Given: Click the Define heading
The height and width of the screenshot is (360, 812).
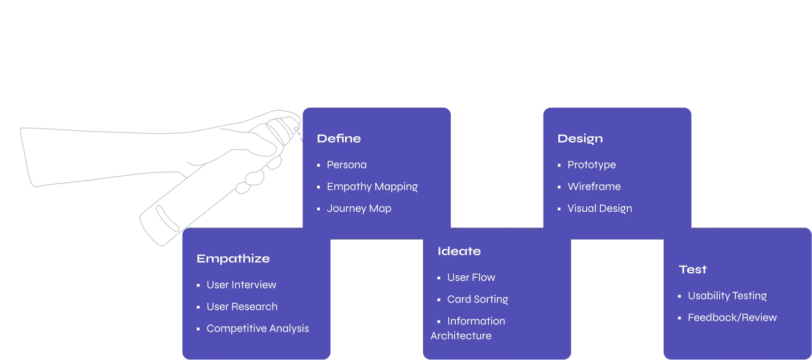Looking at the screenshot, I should point(339,139).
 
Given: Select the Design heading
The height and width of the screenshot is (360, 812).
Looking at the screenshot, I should point(580,139).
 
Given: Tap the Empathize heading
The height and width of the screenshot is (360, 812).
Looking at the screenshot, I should point(233,259).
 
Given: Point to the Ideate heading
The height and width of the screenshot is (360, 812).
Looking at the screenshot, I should point(459,251).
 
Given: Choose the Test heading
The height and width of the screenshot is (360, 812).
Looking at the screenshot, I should point(692,270).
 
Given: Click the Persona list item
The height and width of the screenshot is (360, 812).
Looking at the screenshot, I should point(346,165).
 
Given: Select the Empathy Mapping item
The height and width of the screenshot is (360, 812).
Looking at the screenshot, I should point(372,187).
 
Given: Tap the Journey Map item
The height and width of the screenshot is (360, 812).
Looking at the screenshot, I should point(359,209).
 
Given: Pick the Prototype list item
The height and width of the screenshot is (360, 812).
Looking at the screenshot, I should point(591,165).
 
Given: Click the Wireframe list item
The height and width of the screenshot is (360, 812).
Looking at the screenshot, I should point(594,187).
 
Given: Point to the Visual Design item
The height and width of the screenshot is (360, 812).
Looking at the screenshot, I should point(599,209).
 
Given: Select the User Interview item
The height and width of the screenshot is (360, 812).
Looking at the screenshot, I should point(241,285).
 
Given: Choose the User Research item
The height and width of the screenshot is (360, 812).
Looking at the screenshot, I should point(242,307).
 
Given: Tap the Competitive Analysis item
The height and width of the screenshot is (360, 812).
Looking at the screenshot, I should point(257,329).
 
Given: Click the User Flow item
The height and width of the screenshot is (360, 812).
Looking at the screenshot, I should point(471,278).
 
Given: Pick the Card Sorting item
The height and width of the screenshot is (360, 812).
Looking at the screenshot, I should point(477,300).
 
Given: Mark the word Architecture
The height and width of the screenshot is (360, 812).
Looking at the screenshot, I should point(461,336).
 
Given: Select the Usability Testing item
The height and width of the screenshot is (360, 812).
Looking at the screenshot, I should point(727,296).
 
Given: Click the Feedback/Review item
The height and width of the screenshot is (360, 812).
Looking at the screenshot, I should point(732,318).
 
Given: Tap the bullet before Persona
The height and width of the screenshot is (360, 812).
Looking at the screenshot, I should point(319,166).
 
